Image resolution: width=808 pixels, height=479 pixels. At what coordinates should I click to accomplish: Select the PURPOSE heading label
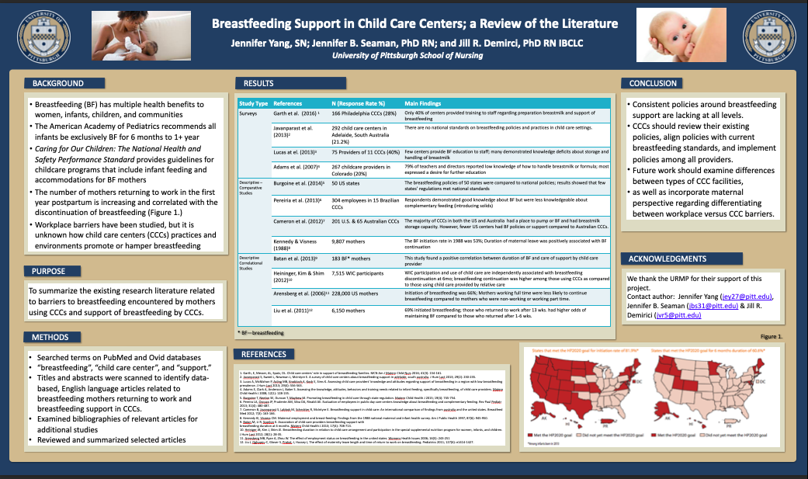point(49,271)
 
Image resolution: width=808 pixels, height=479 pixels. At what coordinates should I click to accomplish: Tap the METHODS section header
point(50,337)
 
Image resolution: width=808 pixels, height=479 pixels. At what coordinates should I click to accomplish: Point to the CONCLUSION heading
point(653,83)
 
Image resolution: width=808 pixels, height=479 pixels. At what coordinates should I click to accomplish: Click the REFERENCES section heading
point(263,355)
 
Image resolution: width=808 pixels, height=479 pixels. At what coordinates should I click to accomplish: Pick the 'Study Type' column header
point(254,103)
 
